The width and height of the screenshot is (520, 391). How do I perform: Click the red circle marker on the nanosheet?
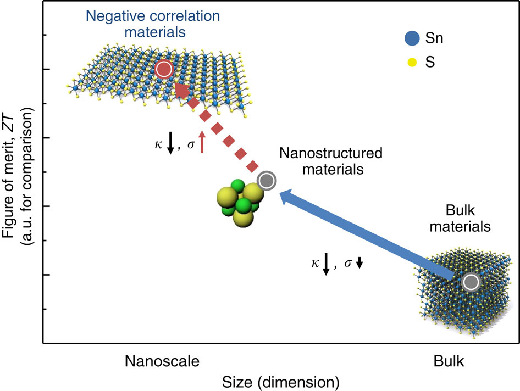click(x=164, y=70)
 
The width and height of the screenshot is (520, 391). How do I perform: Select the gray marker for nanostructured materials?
click(x=267, y=181)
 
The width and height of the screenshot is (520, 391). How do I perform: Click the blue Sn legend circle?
click(x=412, y=38)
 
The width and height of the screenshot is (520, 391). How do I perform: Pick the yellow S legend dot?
click(x=412, y=62)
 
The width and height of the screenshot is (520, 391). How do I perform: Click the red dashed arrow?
click(x=216, y=127)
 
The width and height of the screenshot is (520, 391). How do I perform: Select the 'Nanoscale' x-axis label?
click(x=162, y=361)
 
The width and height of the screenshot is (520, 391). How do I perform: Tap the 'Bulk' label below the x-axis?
click(x=449, y=361)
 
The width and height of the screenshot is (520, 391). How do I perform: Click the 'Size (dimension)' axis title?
click(x=280, y=382)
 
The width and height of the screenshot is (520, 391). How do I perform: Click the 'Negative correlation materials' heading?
click(x=153, y=24)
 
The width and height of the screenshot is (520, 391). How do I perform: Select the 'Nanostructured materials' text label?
click(x=331, y=161)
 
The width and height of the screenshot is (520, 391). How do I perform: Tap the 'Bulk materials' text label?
click(x=460, y=219)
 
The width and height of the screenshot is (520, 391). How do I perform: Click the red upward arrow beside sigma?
click(x=202, y=142)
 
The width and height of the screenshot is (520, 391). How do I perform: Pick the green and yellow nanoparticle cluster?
click(x=240, y=203)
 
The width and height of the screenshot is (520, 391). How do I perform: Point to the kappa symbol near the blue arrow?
click(x=315, y=263)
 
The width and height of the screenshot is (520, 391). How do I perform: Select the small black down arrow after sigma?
click(x=359, y=263)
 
